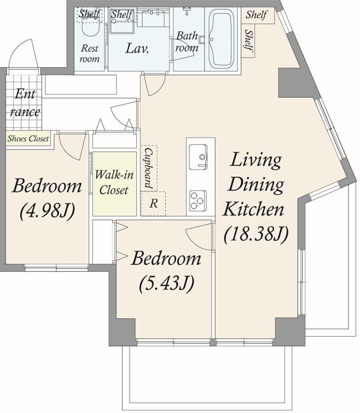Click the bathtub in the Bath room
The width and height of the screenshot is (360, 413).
(221, 38)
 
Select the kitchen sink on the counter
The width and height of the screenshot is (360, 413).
(198, 157)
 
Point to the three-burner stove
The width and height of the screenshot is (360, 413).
(198, 201)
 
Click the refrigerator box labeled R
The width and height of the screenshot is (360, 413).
(153, 204)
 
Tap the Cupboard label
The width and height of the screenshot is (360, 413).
(149, 168)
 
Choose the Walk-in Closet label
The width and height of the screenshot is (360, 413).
(114, 182)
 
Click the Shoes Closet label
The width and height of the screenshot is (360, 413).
(28, 138)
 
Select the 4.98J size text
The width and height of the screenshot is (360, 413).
(47, 211)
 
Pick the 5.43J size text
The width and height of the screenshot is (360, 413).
(167, 283)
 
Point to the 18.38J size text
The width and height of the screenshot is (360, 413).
(256, 234)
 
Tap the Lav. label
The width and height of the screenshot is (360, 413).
(137, 48)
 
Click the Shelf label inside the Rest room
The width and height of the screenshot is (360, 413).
(89, 13)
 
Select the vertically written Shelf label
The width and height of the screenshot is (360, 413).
(249, 40)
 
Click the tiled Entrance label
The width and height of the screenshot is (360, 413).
(24, 103)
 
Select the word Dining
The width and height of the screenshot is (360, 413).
(256, 185)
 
